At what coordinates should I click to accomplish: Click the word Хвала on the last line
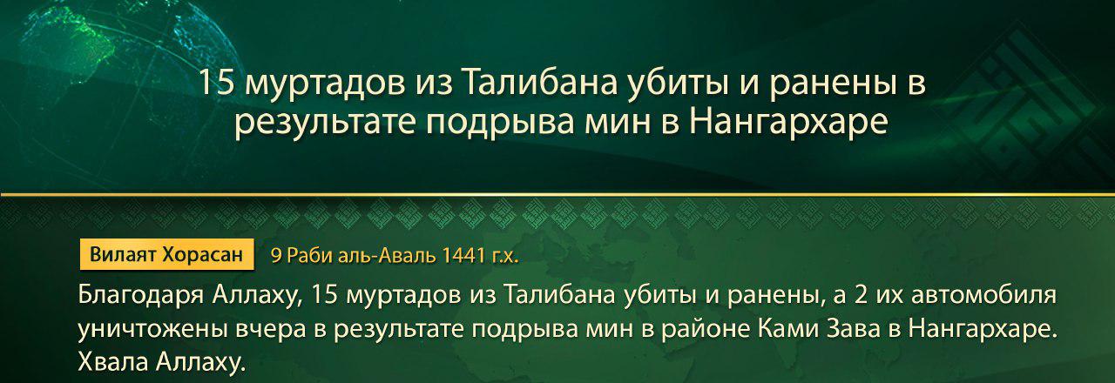111,362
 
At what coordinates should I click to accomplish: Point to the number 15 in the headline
213,85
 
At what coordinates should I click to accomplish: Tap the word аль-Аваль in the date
394,255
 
